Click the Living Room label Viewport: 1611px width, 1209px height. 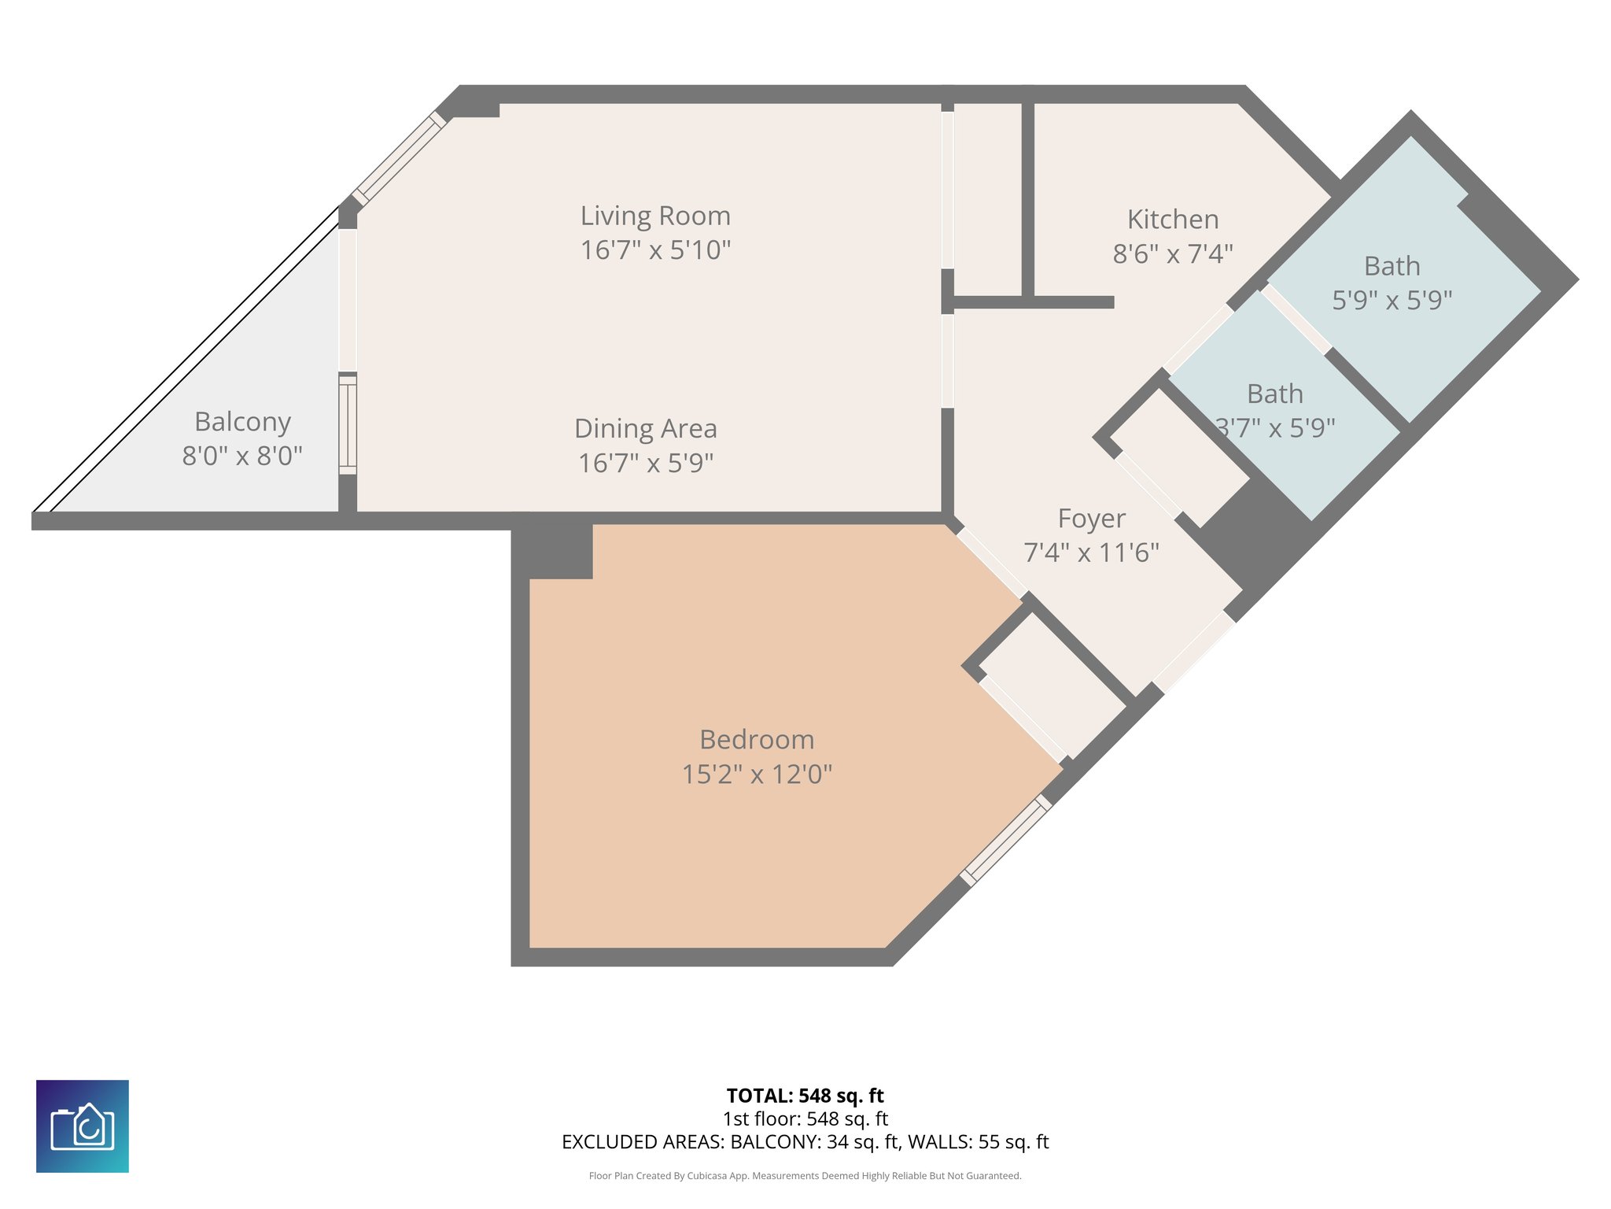point(655,216)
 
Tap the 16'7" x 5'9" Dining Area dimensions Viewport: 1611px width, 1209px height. point(645,463)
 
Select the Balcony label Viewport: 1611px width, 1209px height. point(242,422)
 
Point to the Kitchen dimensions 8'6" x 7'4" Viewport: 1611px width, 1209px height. point(1172,253)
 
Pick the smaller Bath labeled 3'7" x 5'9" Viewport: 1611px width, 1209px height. point(1274,394)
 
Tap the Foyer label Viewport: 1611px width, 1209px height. point(1091,519)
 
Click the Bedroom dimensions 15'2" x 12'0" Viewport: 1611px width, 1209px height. point(757,774)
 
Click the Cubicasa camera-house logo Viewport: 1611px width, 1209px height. point(83,1126)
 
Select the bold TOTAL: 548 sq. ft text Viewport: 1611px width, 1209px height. point(805,1095)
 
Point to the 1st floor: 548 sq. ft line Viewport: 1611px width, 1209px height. point(805,1118)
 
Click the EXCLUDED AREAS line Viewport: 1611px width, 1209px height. point(805,1141)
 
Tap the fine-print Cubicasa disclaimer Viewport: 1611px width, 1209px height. point(805,1176)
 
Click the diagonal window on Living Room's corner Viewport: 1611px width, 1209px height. point(399,158)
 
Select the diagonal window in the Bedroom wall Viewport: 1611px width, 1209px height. point(1006,840)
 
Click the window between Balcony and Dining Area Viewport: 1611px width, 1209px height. point(348,425)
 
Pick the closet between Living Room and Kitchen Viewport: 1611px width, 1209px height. point(987,201)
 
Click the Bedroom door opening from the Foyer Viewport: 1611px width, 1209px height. point(992,564)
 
